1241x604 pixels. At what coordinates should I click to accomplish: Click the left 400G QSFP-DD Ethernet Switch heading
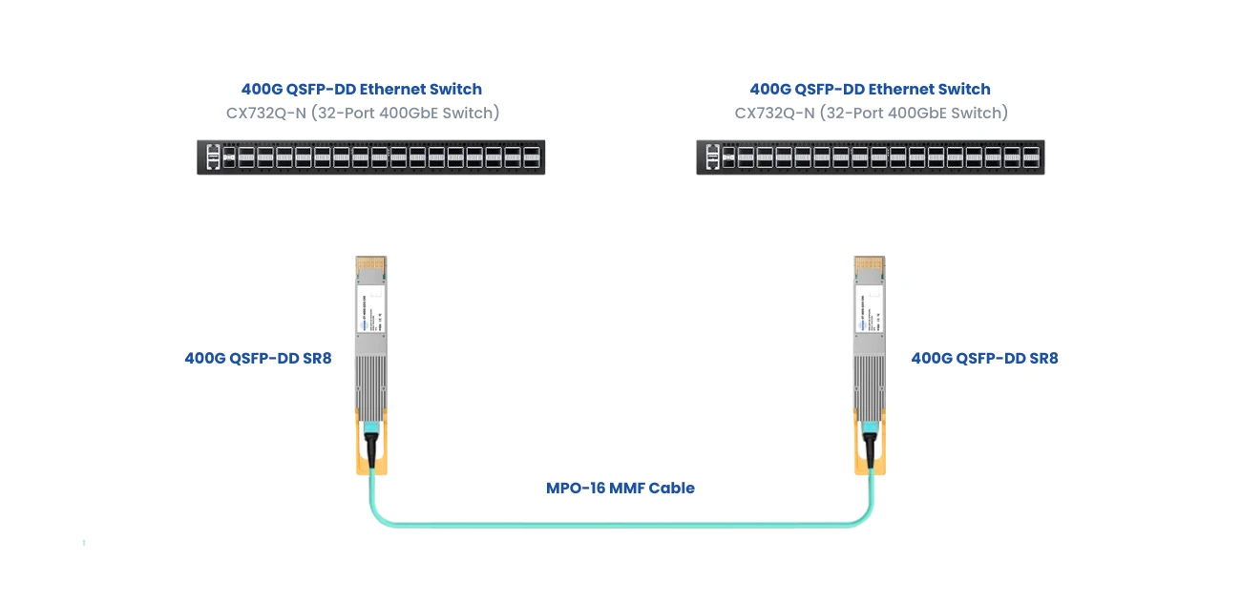(361, 89)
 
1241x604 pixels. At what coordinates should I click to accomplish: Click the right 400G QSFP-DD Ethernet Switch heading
(870, 89)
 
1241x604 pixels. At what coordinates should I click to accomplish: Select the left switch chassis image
(370, 156)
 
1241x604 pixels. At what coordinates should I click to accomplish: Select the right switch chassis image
(870, 156)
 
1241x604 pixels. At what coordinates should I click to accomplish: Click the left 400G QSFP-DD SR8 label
(258, 359)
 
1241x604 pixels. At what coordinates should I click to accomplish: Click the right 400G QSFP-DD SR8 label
(984, 359)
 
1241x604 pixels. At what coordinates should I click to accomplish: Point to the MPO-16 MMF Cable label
(620, 488)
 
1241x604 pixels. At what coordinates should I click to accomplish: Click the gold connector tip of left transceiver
(370, 263)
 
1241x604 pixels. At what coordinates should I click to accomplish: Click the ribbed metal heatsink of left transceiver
(371, 382)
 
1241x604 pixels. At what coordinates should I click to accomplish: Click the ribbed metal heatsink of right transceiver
(870, 382)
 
